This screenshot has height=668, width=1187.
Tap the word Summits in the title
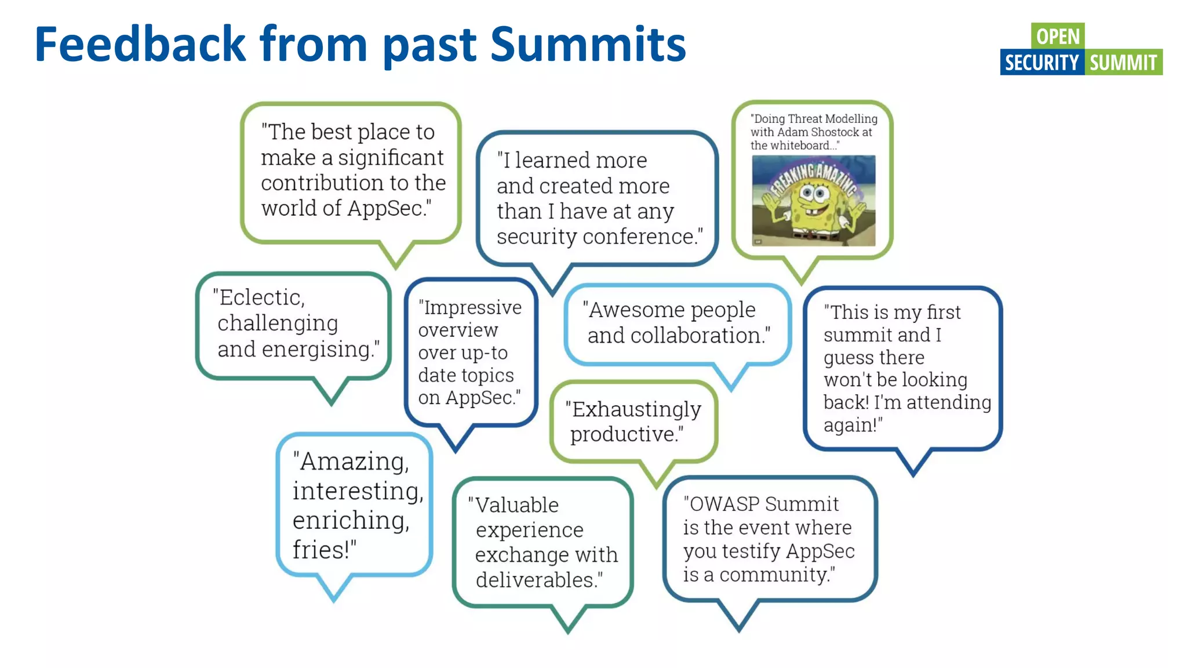588,44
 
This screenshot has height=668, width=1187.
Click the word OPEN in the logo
1058,36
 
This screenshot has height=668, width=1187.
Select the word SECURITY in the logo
1042,63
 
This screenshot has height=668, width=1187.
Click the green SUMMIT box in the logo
1123,63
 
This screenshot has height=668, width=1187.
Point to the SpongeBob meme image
813,201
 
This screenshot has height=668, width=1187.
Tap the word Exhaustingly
636,409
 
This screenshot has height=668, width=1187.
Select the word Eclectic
260,297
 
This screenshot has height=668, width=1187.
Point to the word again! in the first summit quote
852,425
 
